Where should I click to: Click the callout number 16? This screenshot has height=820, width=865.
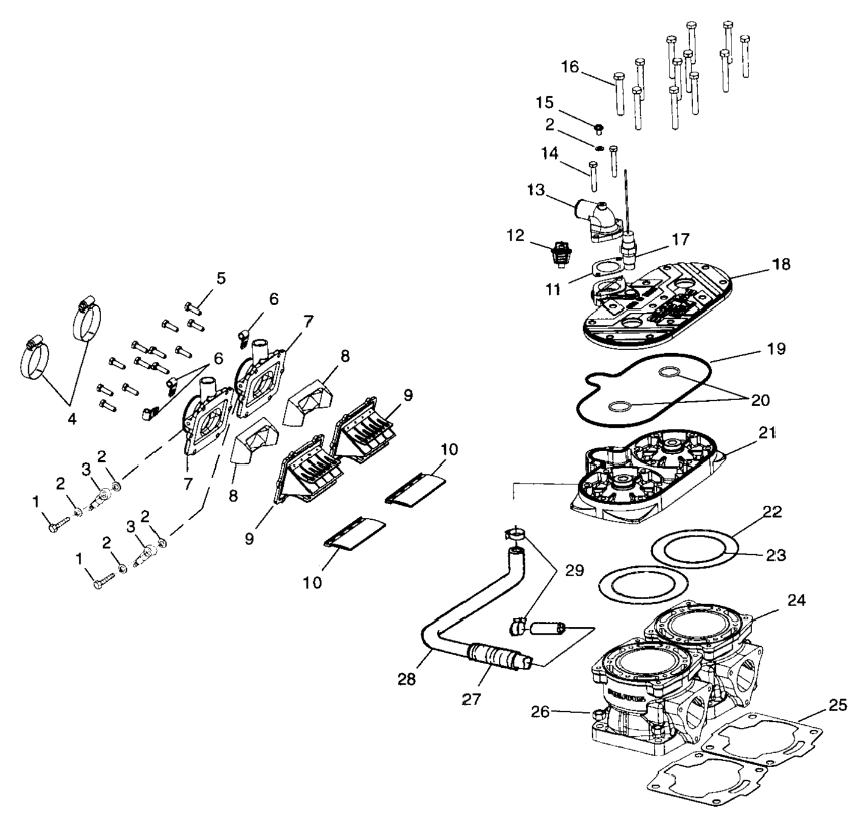point(570,67)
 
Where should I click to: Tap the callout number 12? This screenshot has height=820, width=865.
point(515,235)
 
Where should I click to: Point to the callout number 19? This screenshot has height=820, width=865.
point(777,349)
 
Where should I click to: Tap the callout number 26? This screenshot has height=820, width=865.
point(540,712)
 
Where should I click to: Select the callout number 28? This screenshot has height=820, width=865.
point(407,679)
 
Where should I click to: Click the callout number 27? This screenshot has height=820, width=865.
point(472,700)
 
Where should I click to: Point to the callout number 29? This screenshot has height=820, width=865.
point(575,570)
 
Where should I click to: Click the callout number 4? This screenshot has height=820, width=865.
point(72,419)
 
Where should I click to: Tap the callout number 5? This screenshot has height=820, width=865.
point(221,279)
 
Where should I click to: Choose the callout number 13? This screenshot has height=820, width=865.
point(536,191)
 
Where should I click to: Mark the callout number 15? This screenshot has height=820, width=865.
point(545,102)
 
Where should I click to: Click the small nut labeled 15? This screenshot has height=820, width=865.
point(599,128)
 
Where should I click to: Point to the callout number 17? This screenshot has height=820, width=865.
point(680,239)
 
